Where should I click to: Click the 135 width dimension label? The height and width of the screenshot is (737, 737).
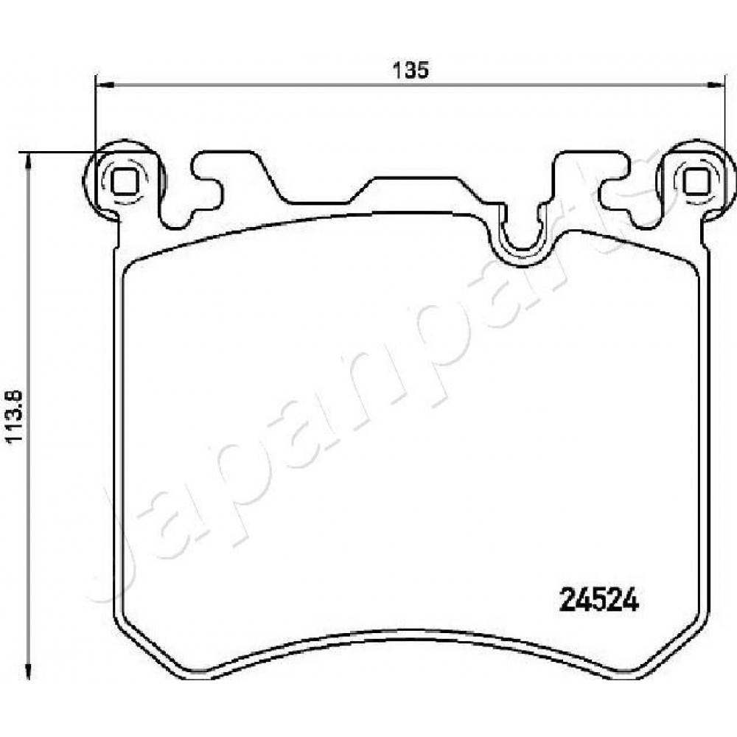(411, 70)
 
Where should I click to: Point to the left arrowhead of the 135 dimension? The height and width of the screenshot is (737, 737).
(105, 85)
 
